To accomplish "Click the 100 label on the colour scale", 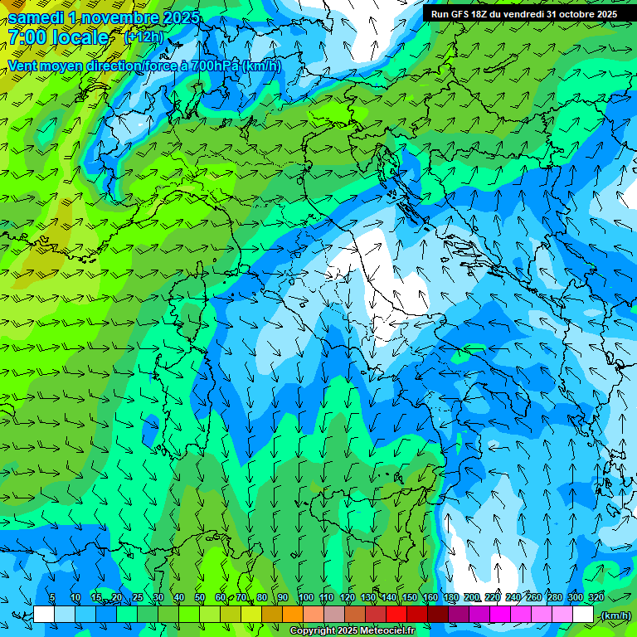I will pyautogui.click(x=305, y=597).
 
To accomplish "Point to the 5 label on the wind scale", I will pyautogui.click(x=52, y=597).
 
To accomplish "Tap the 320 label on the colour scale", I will pyautogui.click(x=596, y=597).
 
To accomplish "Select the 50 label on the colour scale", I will pyautogui.click(x=200, y=597).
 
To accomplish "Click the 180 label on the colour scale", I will pyautogui.click(x=450, y=597).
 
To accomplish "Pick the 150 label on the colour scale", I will pyautogui.click(x=409, y=597).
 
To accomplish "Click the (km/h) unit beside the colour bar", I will pyautogui.click(x=615, y=615).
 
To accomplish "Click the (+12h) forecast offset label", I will pyautogui.click(x=143, y=37).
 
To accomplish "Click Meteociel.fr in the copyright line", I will pyautogui.click(x=393, y=631).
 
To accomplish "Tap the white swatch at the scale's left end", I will pyautogui.click(x=43, y=615).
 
